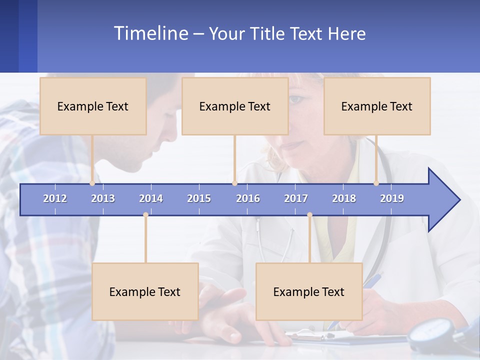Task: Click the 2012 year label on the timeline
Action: (55, 198)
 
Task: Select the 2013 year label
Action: (103, 198)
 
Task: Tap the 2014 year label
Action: (151, 198)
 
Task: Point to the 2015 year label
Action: (199, 198)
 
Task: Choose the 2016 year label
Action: (248, 198)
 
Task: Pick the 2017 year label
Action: (296, 198)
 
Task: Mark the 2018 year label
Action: (344, 198)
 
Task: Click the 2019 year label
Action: (392, 198)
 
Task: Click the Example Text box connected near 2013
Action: (93, 106)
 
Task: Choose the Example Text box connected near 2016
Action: (235, 106)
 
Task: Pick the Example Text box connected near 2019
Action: (377, 106)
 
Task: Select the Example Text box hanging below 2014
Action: (145, 291)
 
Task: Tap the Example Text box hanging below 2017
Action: (309, 291)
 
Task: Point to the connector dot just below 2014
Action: (145, 214)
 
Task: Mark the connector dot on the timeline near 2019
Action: (376, 183)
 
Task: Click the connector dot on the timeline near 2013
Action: (92, 183)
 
